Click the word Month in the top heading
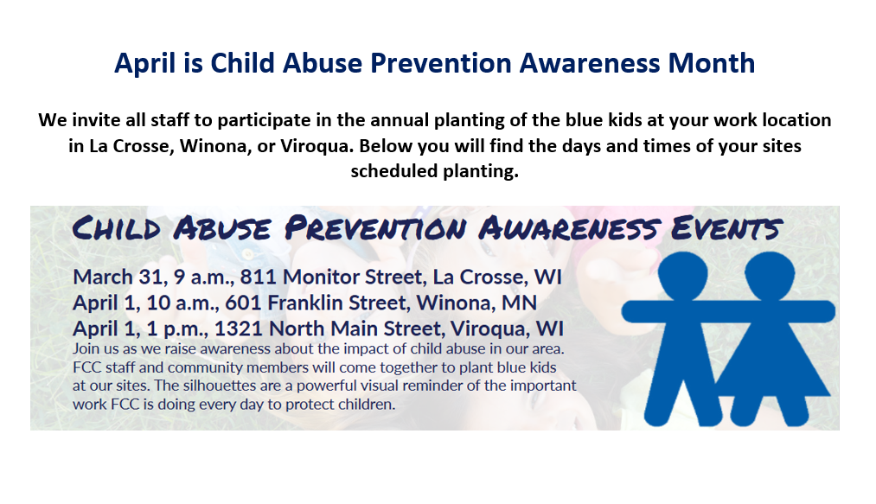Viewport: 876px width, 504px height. click(711, 62)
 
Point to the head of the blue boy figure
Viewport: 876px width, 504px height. click(682, 276)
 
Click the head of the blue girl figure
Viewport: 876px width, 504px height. click(770, 276)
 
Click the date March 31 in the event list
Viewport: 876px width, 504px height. click(120, 278)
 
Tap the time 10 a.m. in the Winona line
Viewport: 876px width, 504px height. click(182, 303)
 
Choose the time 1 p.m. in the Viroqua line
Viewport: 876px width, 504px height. click(177, 329)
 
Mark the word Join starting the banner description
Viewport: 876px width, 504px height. click(86, 349)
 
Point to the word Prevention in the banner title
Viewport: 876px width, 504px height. click(375, 228)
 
